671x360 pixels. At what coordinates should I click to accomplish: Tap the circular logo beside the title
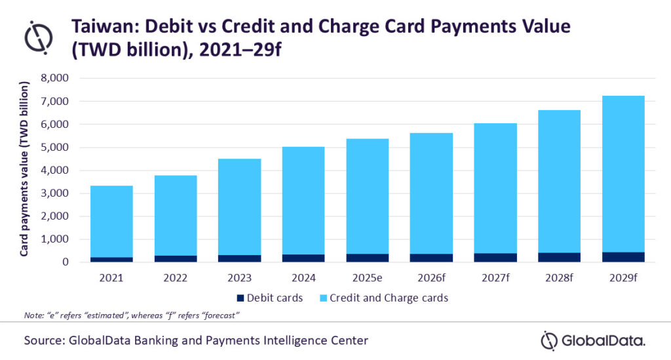38,37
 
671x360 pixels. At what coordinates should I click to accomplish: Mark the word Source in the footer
45,340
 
